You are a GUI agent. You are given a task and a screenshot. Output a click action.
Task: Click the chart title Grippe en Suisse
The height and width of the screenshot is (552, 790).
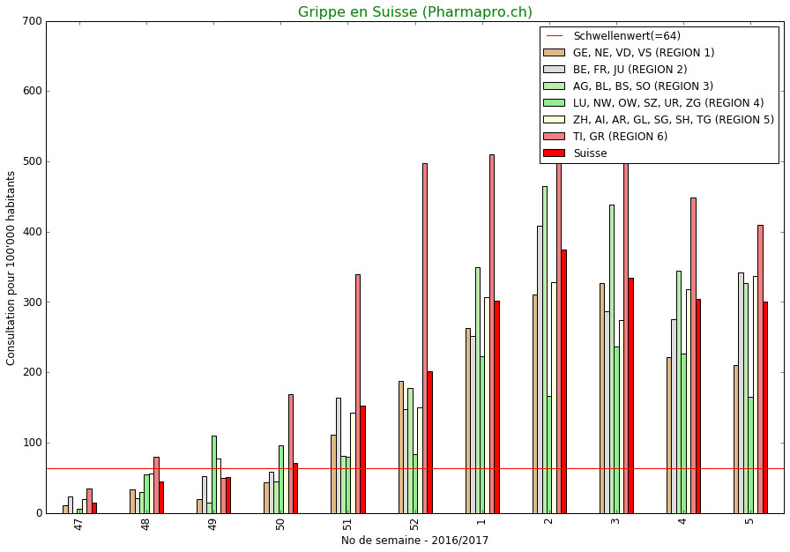tap(414, 12)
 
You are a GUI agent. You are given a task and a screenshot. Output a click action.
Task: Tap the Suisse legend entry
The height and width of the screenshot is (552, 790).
tap(590, 153)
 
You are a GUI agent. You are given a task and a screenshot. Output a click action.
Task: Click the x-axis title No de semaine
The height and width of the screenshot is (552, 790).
tap(414, 541)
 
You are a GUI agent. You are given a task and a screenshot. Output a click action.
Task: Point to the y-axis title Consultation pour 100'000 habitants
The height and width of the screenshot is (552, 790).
tap(11, 267)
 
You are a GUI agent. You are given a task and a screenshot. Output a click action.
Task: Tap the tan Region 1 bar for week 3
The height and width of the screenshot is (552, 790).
tap(602, 398)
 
